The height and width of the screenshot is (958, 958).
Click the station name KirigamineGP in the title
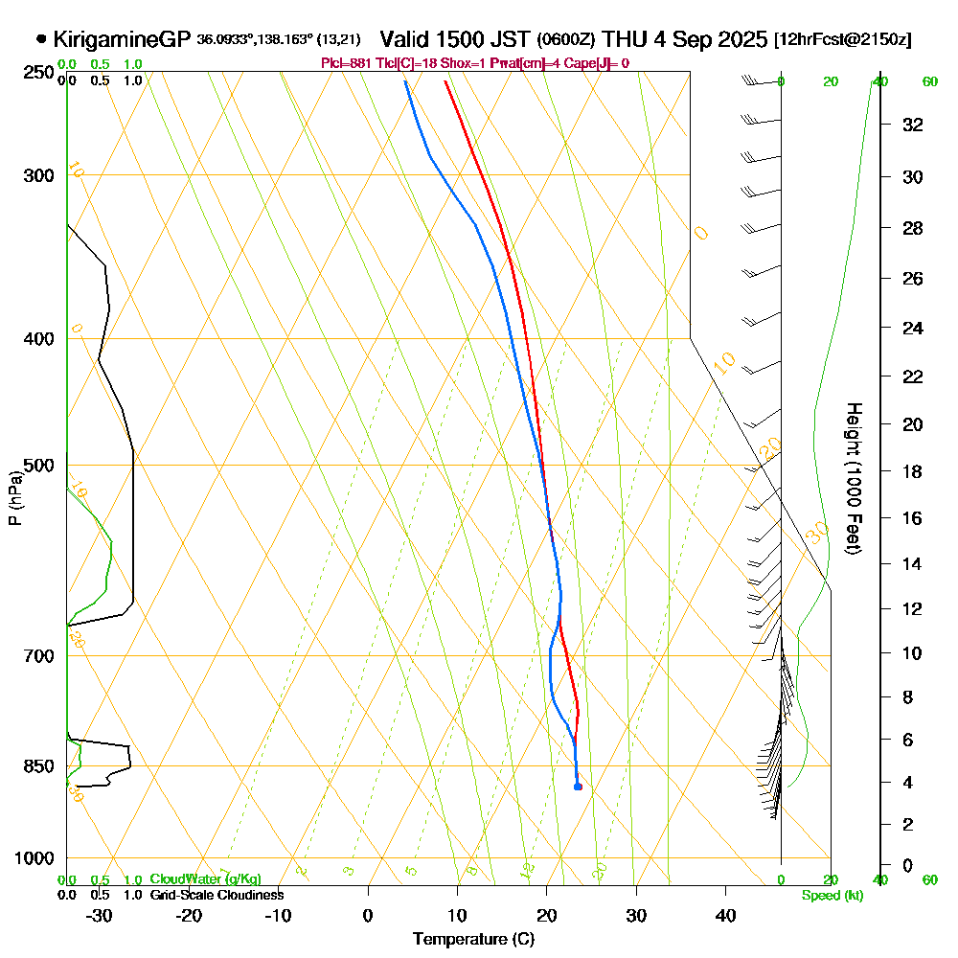point(123,40)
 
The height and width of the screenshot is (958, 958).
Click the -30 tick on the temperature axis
point(100,915)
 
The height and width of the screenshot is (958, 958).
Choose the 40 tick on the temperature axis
point(725,915)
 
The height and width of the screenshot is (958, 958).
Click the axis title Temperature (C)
point(473,940)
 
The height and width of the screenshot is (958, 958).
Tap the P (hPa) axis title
point(15,497)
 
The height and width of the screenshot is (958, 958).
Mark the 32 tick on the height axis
point(913,125)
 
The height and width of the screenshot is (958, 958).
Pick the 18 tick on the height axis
point(913,471)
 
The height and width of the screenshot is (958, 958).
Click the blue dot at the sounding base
point(578,787)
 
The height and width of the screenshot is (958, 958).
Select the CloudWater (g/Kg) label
point(205,879)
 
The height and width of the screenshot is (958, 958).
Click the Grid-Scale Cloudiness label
point(217,895)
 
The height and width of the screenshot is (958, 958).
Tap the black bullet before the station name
point(41,40)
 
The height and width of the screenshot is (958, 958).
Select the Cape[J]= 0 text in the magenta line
point(597,63)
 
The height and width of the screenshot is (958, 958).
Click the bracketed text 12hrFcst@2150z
point(842,40)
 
